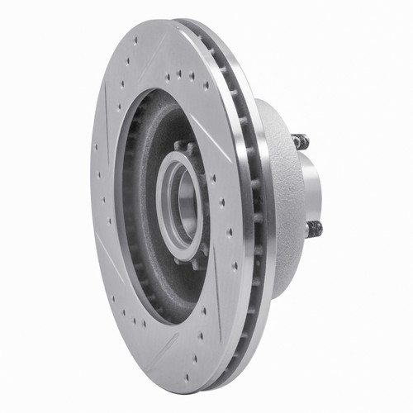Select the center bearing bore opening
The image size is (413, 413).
coord(184,204)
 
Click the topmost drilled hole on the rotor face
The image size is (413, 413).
coord(135,40)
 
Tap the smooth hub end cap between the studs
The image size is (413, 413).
coord(311,186)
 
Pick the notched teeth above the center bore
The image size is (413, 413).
coord(183,149)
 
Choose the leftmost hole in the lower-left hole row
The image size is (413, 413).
coord(112,294)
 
